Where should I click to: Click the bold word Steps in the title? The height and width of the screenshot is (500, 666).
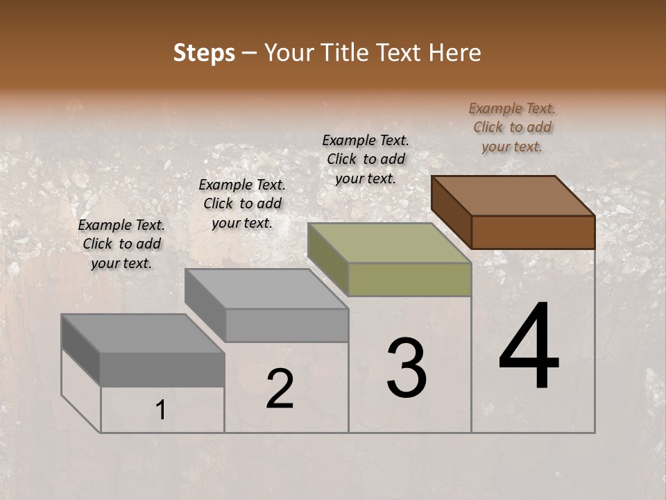point(204,53)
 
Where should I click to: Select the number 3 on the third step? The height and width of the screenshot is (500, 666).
point(406,367)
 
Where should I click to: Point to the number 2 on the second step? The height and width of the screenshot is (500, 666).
point(280,389)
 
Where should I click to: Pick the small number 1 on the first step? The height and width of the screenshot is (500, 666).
point(160,410)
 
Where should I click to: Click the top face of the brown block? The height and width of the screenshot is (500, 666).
point(513,195)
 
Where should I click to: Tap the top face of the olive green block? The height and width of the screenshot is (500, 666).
point(390,243)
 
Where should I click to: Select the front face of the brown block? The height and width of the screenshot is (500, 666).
point(533,232)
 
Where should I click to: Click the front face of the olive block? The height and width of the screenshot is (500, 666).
point(409,280)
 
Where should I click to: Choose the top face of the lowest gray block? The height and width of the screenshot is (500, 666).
point(143,333)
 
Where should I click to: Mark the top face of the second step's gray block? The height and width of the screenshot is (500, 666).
point(266,288)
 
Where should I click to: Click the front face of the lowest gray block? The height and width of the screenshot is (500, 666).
point(162,369)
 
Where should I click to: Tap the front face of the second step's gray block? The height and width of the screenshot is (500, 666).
point(287,325)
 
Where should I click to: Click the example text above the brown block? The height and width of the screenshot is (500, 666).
point(512,127)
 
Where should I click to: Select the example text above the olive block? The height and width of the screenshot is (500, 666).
point(366,159)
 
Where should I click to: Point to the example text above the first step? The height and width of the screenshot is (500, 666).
point(121,244)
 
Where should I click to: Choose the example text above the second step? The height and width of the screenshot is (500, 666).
point(242,203)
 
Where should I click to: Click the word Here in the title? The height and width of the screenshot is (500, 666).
point(456,53)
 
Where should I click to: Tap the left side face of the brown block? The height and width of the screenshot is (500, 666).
point(452,212)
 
